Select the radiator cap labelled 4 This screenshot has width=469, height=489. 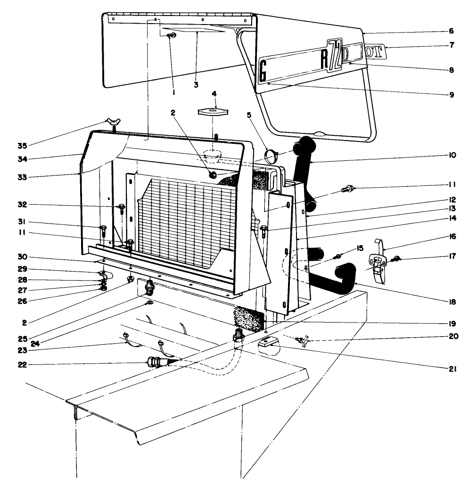click(x=214, y=111)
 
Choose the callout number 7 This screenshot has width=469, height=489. click(x=452, y=46)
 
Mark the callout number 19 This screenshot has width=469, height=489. click(x=452, y=324)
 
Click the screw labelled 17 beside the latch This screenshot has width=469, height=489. click(x=396, y=258)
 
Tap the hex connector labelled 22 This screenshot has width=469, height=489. click(x=154, y=364)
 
